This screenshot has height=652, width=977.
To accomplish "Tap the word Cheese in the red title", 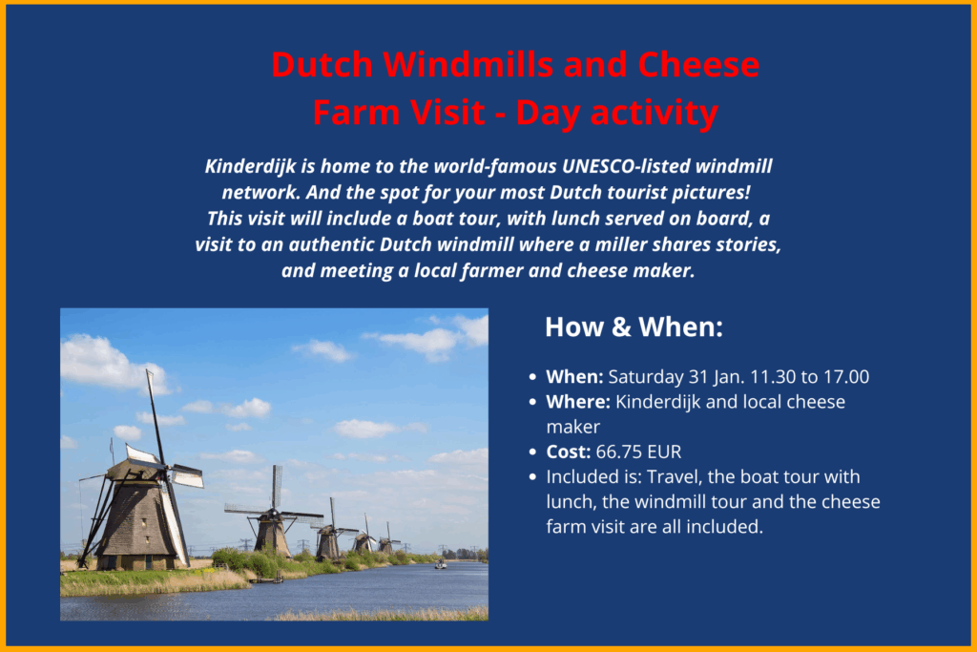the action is (x=698, y=64).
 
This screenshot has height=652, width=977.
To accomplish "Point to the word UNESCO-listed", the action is (x=626, y=166).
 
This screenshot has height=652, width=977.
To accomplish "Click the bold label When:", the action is (x=574, y=376).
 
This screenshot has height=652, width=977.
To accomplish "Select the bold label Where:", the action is (x=578, y=402).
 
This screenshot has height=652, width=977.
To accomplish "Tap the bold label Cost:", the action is (x=569, y=452).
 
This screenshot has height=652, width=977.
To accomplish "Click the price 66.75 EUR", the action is (x=638, y=452).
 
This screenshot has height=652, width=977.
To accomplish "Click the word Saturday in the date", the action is (x=646, y=376).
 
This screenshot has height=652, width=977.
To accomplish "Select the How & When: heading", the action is (x=634, y=327).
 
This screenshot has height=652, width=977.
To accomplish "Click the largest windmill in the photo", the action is (x=138, y=498).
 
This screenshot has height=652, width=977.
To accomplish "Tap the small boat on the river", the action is (x=441, y=565).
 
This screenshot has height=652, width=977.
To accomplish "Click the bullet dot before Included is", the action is (x=532, y=477).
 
